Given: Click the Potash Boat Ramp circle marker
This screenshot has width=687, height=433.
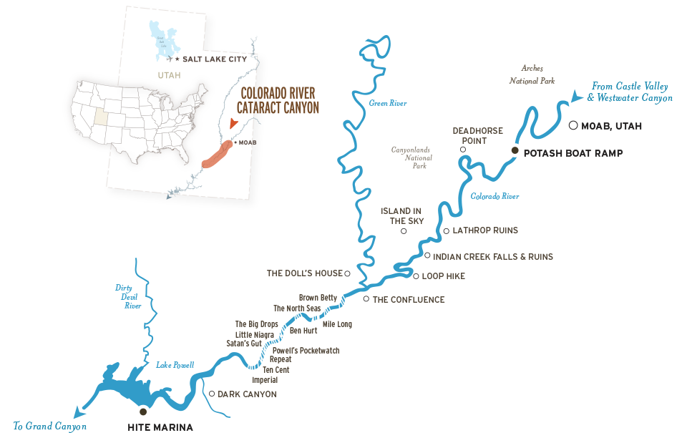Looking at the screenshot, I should point(514,150).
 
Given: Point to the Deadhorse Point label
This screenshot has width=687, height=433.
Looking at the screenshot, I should point(477,136).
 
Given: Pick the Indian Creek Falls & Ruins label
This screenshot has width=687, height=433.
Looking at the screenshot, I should point(494,256).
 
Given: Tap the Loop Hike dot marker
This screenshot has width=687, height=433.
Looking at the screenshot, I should point(416,276).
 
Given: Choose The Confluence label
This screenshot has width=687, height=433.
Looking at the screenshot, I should point(409,300).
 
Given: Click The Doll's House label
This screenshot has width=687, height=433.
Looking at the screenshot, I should point(305,273).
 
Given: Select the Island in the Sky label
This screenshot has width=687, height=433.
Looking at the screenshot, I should point(406,216).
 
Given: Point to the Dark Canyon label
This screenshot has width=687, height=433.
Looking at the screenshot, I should point(247,394).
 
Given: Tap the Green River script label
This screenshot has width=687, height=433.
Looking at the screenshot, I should point(388,104).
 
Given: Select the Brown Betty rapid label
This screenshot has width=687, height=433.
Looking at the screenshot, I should point(318,297).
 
